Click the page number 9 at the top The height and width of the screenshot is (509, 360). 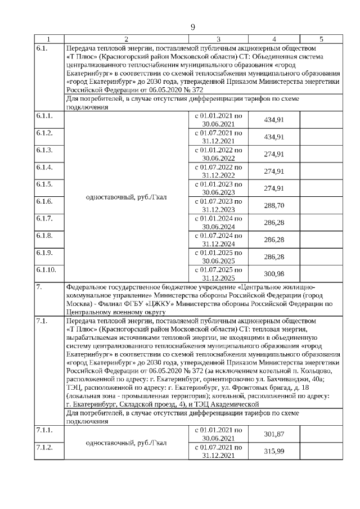(192, 27)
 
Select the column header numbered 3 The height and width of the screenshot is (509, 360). (218, 39)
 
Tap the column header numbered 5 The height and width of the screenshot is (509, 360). (321, 39)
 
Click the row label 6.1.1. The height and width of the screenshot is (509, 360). (44, 116)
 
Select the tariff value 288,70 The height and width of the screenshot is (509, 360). (274, 206)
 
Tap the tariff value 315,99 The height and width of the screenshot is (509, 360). (274, 451)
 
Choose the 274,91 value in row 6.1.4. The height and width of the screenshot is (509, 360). (274, 172)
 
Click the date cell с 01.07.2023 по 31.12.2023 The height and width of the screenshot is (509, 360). (218, 206)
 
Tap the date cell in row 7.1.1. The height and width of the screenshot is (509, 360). (218, 433)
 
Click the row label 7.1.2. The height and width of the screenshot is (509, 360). (44, 447)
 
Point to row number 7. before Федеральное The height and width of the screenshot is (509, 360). (39, 287)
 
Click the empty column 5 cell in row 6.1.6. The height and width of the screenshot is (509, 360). (321, 206)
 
